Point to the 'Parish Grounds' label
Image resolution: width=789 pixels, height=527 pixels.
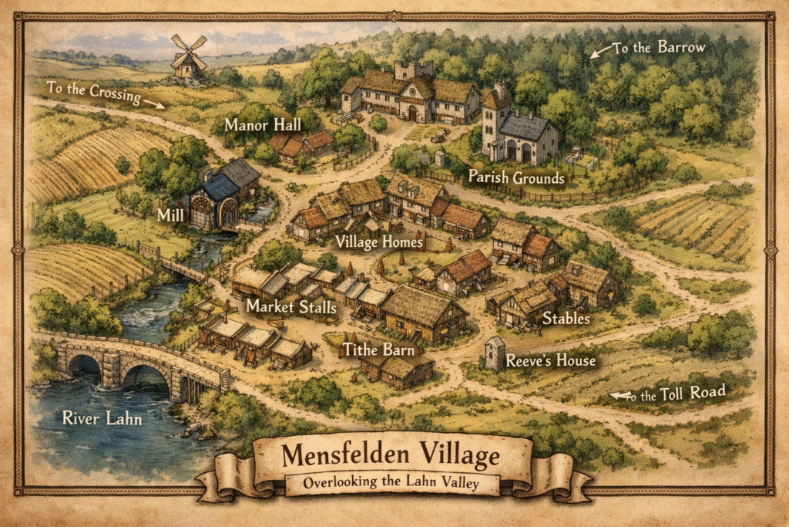516,177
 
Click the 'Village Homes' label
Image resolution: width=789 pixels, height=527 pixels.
380,242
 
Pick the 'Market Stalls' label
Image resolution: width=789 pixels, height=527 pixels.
291,306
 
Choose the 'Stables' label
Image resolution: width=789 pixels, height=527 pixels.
566,317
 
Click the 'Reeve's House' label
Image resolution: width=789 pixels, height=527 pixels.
550,360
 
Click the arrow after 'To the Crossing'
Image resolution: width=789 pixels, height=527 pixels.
154,103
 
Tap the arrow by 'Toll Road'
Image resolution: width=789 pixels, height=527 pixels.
618,396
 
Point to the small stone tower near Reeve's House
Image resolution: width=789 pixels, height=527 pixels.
494,353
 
